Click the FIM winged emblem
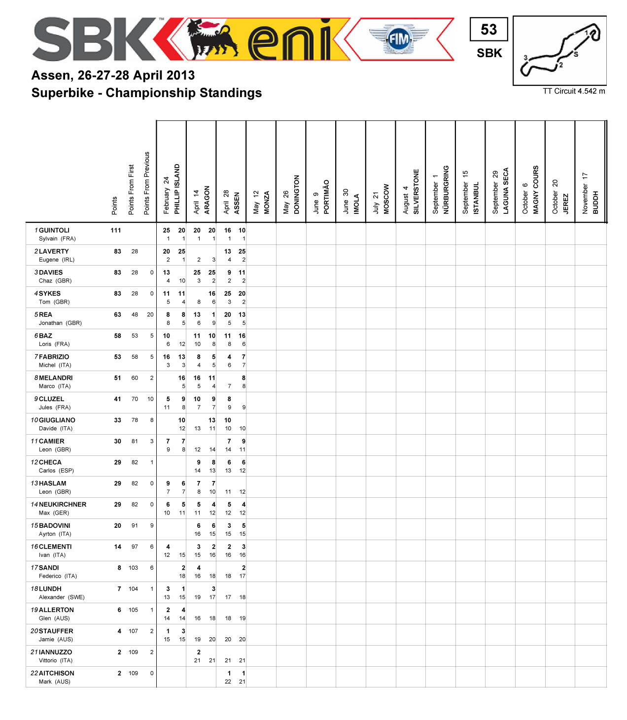click(399, 39)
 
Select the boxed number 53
click(488, 30)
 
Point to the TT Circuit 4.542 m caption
click(574, 91)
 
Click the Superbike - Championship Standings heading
click(146, 93)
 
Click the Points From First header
click(131, 190)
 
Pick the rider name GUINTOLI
click(54, 230)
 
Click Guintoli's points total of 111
click(116, 230)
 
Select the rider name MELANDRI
click(56, 378)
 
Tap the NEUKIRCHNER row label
click(63, 505)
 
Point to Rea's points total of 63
click(117, 314)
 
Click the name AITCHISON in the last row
click(57, 673)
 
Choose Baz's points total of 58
click(117, 336)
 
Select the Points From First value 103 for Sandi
click(133, 568)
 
